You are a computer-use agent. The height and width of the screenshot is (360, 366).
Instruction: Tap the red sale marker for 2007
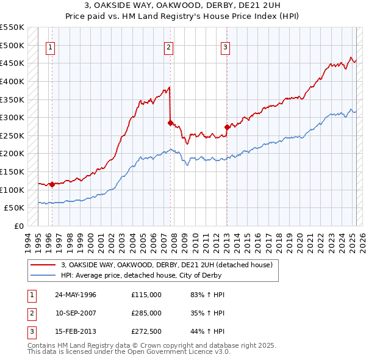pos(170,122)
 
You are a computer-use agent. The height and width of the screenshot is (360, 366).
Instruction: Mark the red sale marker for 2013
pos(227,127)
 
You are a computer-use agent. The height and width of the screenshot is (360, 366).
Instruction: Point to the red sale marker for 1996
pos(52,184)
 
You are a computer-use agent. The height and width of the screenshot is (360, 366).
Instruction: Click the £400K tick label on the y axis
pos(12,81)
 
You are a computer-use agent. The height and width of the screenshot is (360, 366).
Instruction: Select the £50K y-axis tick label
pos(15,208)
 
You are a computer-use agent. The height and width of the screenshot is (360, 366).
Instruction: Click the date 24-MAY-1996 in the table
pos(76,295)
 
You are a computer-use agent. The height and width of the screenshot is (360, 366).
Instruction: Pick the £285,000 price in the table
pos(146,313)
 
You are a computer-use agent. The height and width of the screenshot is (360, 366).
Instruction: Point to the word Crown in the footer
pos(159,345)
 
